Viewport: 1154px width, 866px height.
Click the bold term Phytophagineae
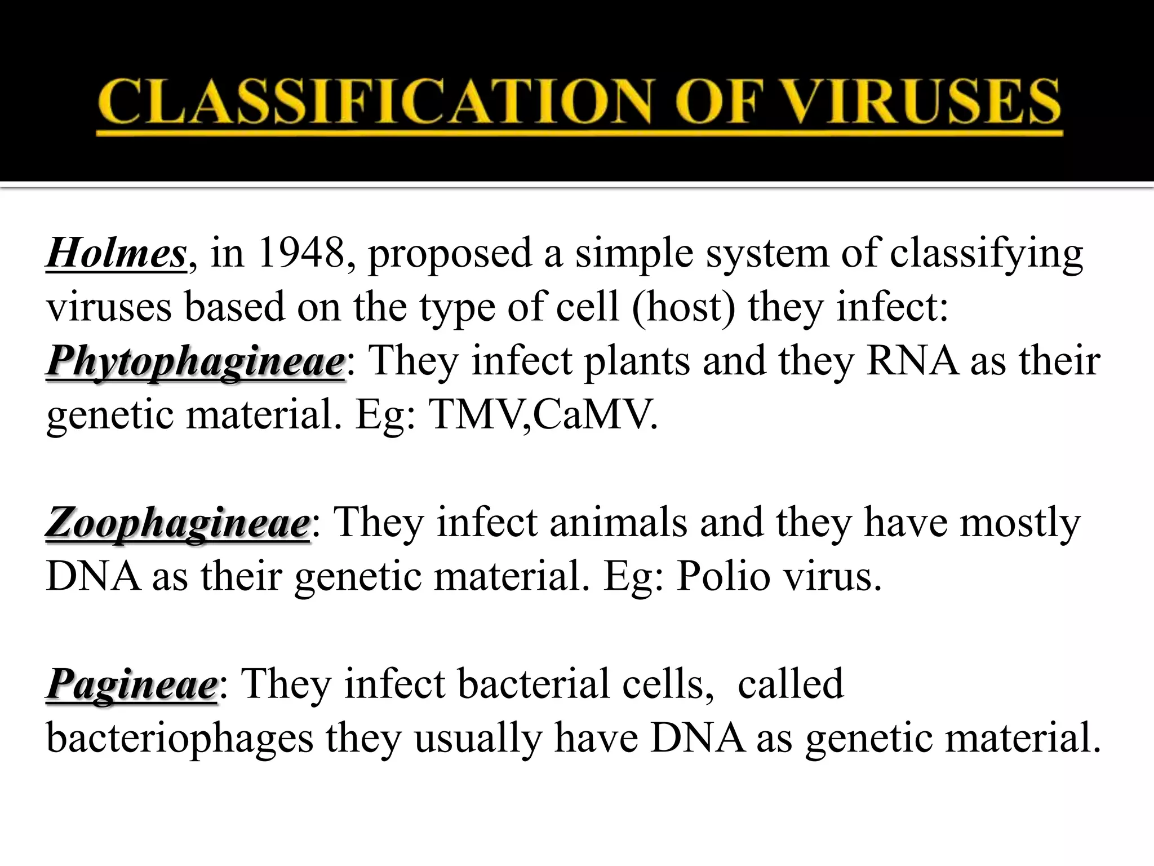pos(196,361)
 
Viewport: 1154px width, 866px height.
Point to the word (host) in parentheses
pos(683,308)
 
